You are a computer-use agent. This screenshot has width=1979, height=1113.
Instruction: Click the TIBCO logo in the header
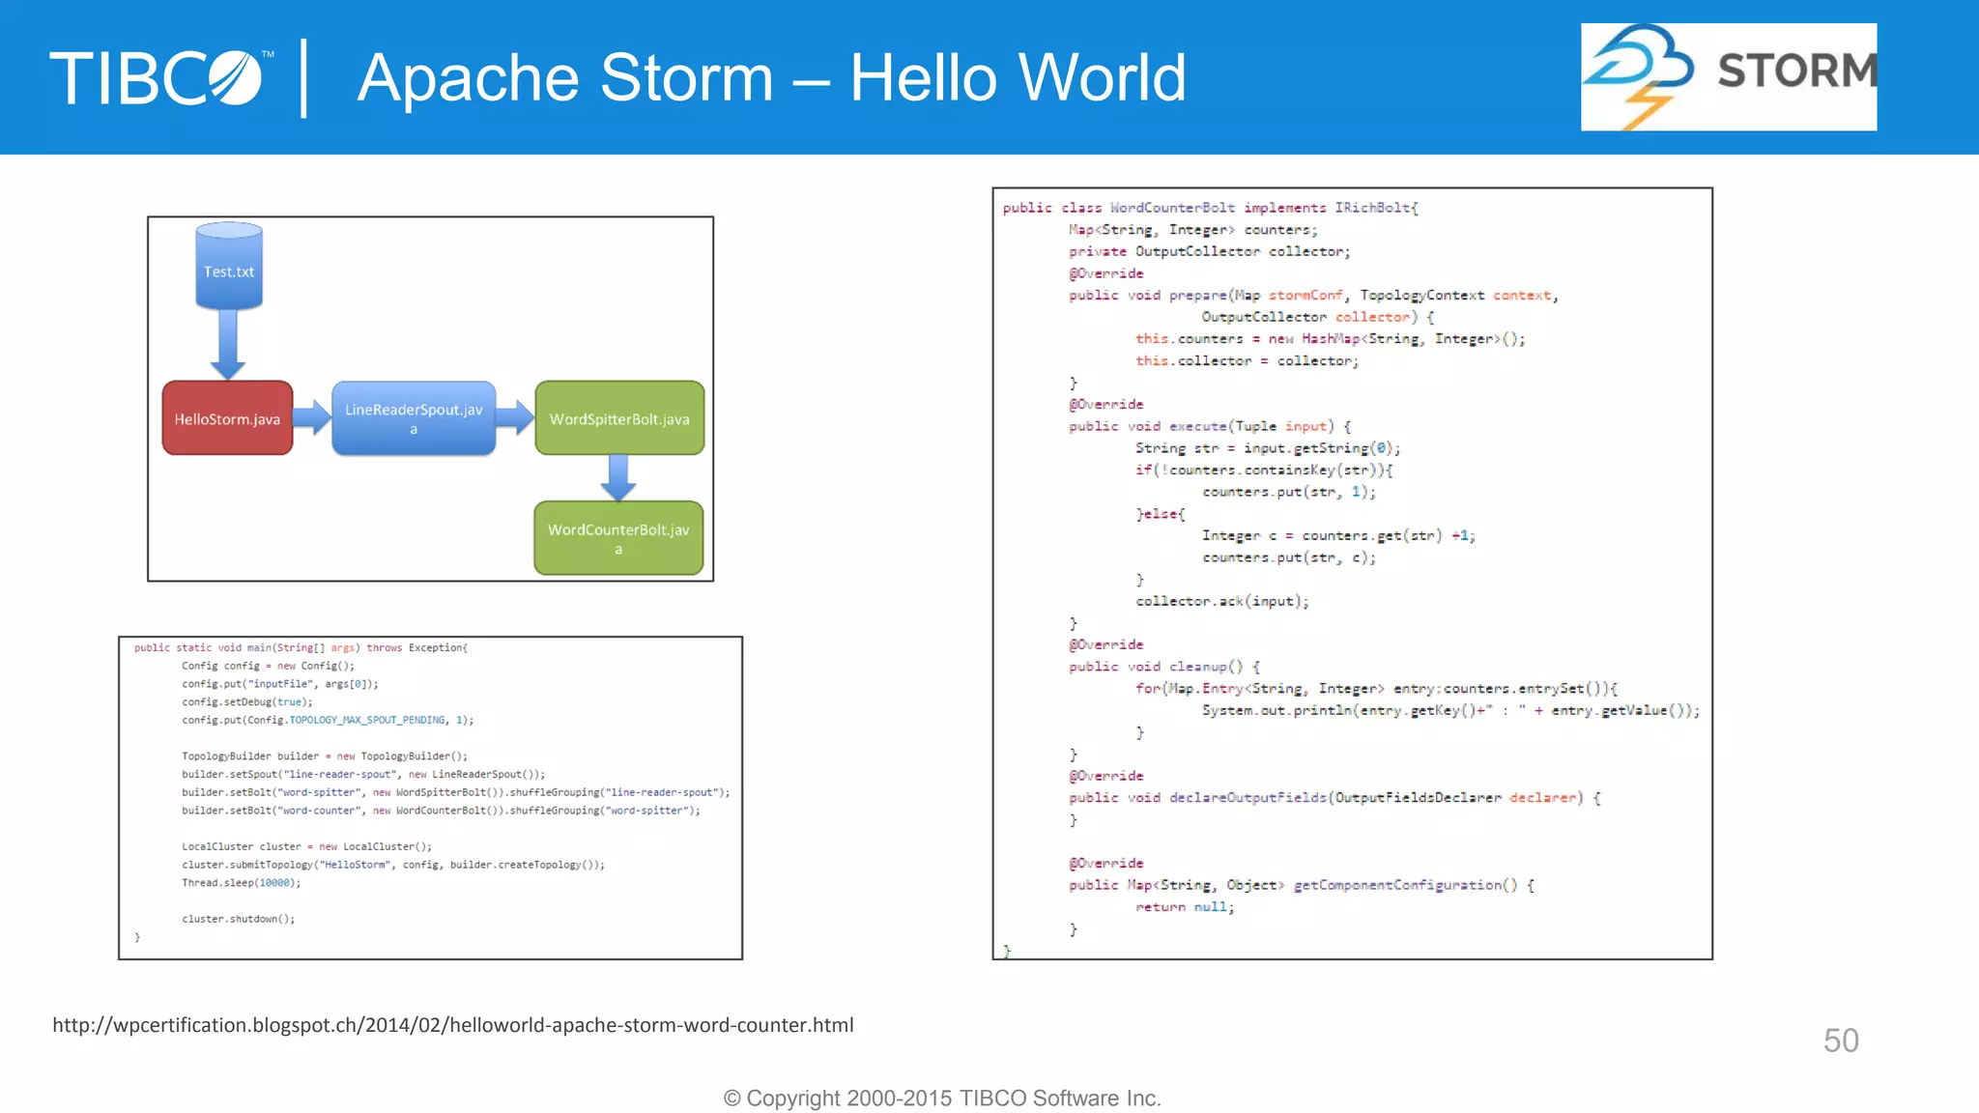159,78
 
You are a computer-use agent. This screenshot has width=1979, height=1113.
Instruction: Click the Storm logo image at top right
1728,77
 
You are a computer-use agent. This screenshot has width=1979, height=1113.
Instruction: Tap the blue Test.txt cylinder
229,269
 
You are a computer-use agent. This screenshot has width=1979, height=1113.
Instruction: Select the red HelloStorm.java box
227,418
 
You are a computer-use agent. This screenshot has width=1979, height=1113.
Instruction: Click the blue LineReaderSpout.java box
414,418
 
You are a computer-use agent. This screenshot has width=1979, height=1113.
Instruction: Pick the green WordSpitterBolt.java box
619,418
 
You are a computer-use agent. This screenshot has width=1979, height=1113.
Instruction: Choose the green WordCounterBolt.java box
618,537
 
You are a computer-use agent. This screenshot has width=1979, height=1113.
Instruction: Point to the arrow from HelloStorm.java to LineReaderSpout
311,417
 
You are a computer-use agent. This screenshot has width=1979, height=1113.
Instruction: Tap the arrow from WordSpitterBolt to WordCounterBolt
618,476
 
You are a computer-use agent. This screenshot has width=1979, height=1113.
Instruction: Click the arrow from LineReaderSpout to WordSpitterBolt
514,417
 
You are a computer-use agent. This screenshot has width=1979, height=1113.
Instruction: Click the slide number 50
1840,1041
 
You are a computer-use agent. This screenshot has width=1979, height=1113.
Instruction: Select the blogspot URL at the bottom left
452,1025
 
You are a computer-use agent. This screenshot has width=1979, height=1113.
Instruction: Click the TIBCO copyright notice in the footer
942,1099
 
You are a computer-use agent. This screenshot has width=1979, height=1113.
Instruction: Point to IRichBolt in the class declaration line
1375,208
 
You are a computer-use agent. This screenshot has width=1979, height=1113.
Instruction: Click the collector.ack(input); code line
1221,601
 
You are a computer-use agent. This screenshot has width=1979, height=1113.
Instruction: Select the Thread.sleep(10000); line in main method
241,883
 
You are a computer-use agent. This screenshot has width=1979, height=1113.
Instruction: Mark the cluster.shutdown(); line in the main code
238,919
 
